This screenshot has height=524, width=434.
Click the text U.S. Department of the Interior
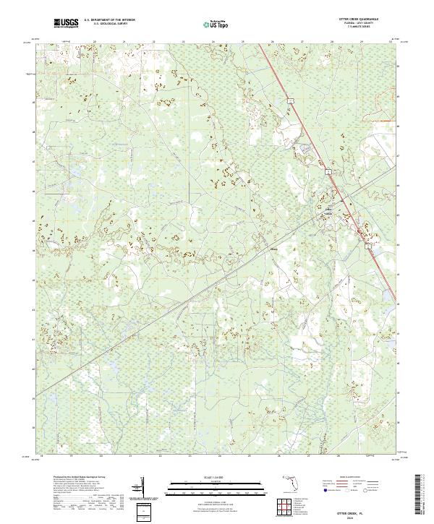pyautogui.click(x=109, y=21)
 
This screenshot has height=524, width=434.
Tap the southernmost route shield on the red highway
pyautogui.click(x=367, y=246)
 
